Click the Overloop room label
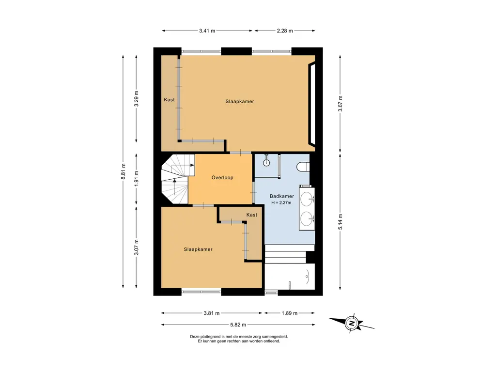tap(222, 177)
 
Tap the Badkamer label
tap(282, 196)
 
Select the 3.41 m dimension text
tap(207, 31)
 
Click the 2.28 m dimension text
tap(285, 31)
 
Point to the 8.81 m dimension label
tap(123, 171)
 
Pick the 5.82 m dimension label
tap(238, 325)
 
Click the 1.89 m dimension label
tap(290, 313)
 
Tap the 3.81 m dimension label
tap(212, 313)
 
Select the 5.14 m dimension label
tap(340, 222)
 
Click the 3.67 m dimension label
tap(340, 104)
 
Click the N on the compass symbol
tap(351, 323)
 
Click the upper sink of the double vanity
tap(307, 199)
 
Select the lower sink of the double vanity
tap(307, 218)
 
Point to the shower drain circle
tap(267, 163)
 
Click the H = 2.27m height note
tap(281, 203)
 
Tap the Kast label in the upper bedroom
tap(169, 100)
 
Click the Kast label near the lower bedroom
tap(252, 215)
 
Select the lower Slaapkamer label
tap(198, 249)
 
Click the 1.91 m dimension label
tap(136, 178)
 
